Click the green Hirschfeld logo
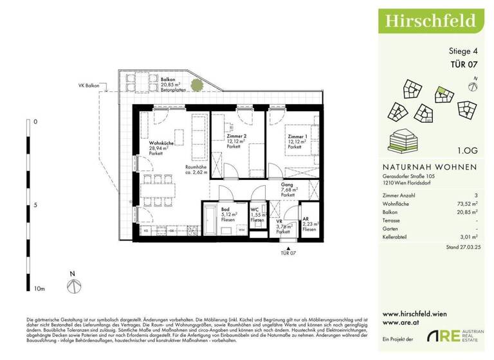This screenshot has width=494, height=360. [x=431, y=20]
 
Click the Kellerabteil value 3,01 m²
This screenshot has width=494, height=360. [x=466, y=236]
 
